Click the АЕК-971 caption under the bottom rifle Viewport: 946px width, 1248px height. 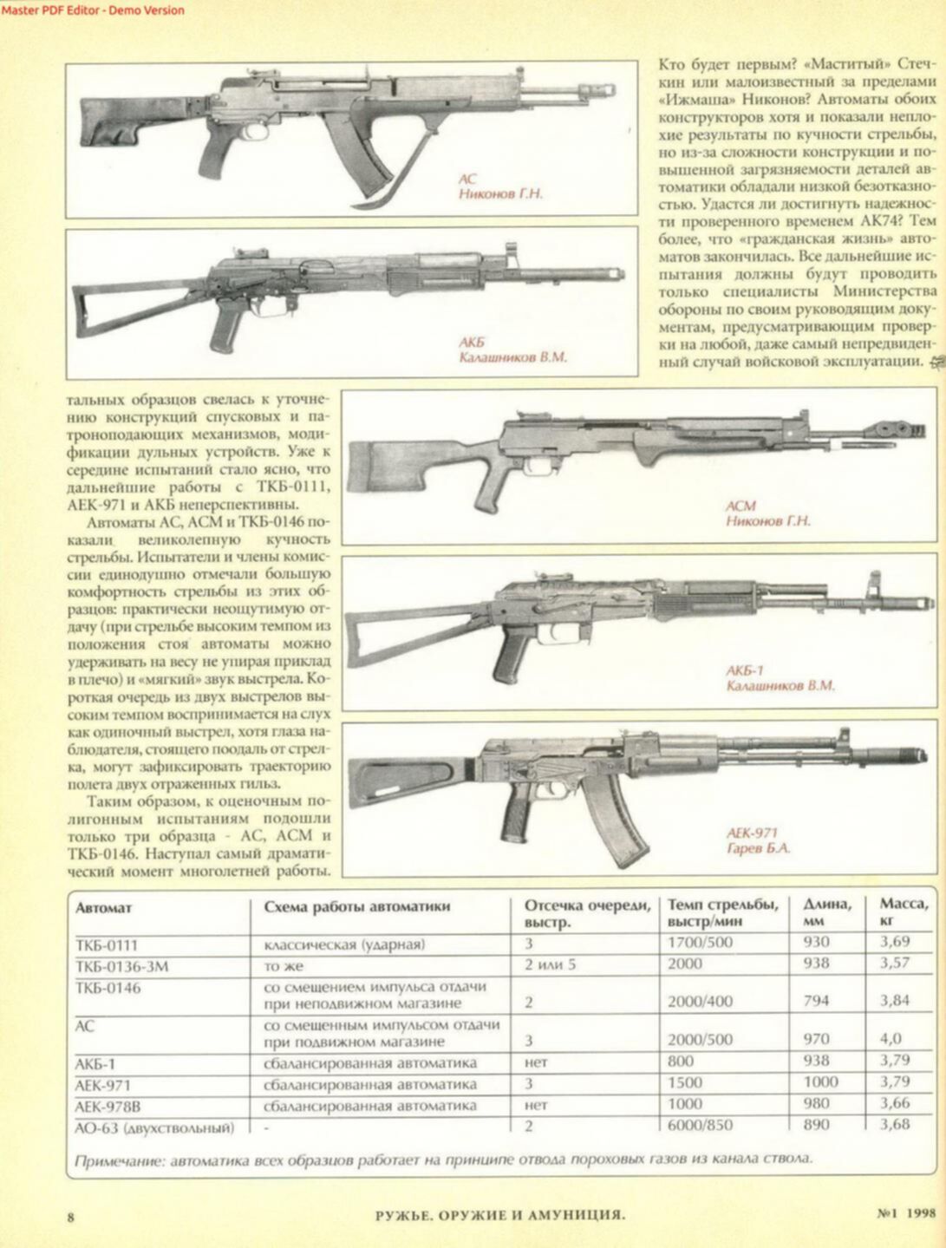click(x=752, y=833)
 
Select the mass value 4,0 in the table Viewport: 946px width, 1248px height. click(x=891, y=1039)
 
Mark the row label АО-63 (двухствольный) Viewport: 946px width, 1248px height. click(x=154, y=1127)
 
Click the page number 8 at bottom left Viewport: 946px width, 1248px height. click(x=71, y=1216)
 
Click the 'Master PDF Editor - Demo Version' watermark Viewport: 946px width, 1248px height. click(x=93, y=10)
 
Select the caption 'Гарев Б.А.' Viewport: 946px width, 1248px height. click(x=758, y=849)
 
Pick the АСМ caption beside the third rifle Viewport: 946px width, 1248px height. click(x=741, y=506)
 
